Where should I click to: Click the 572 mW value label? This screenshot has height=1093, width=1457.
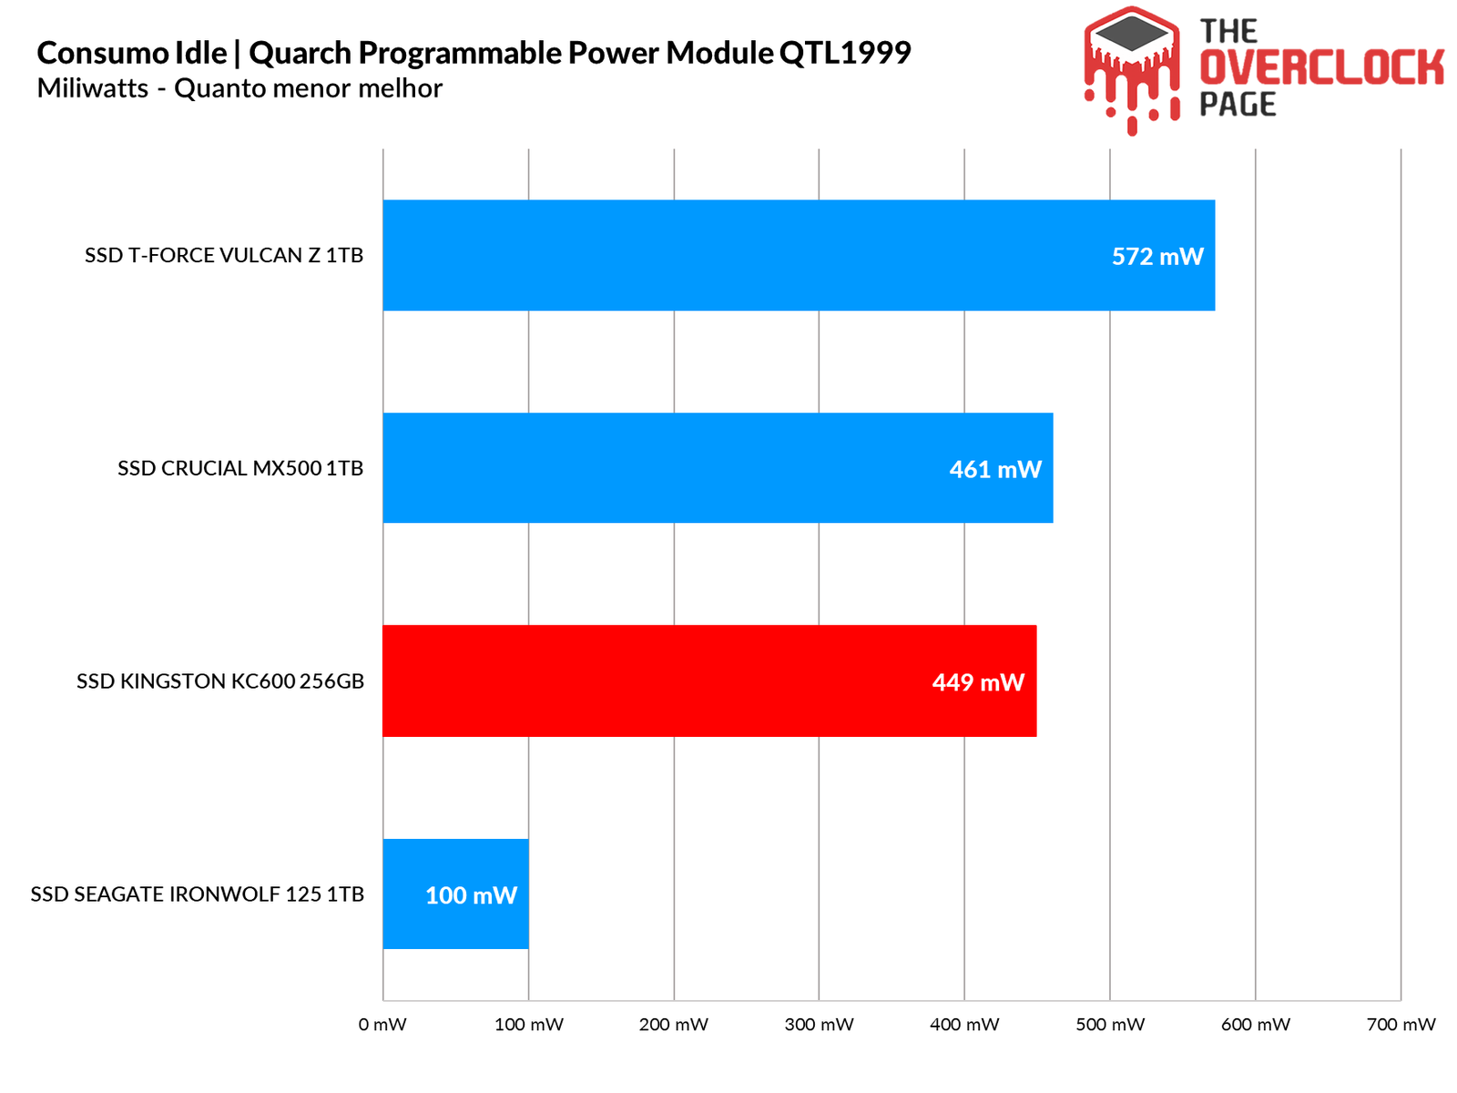pos(1157,257)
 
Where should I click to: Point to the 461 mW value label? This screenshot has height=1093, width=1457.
pos(995,470)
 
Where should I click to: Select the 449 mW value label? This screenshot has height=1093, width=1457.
pos(978,682)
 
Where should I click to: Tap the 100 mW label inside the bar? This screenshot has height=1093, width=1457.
pos(471,895)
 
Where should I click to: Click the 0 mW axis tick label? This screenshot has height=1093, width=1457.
pos(382,1025)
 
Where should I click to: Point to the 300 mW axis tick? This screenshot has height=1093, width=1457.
pos(819,1025)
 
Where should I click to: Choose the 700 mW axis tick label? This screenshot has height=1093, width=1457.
pos(1401,1025)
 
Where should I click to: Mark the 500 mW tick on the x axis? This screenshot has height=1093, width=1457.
pos(1110,1025)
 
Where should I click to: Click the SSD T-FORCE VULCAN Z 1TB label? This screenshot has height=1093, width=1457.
pos(224,255)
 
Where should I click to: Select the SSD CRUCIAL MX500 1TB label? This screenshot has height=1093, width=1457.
pos(240,468)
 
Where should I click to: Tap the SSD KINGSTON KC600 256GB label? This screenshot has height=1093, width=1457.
pos(220,681)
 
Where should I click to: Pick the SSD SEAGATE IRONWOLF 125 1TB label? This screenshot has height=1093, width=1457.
pos(198,894)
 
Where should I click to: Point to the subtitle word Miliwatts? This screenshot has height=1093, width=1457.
pos(92,88)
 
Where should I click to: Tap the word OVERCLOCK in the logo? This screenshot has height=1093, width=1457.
pos(1321,68)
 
